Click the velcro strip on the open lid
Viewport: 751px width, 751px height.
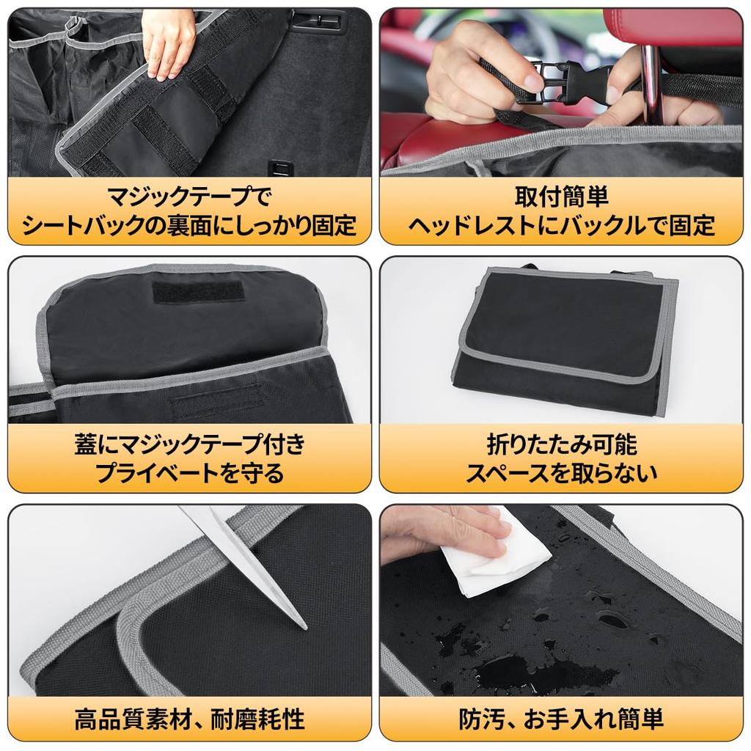point(198,291)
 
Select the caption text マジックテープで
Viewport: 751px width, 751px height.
point(189,197)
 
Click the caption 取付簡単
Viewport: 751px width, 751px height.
point(561,197)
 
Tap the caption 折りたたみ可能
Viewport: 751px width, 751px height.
point(561,444)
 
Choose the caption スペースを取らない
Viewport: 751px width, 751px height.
point(561,473)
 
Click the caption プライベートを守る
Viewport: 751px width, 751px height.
point(189,473)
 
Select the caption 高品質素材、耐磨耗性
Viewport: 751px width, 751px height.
point(189,719)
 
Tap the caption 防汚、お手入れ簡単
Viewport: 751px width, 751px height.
point(561,719)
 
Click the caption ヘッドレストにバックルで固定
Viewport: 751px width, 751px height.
point(561,225)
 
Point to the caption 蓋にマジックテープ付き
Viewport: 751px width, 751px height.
point(189,444)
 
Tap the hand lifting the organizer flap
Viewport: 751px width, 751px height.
point(169,40)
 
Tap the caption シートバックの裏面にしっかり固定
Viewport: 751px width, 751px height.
point(189,225)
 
